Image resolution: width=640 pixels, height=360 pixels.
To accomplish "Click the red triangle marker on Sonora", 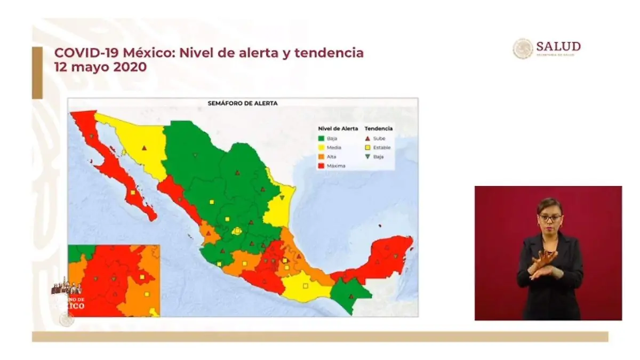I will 144,148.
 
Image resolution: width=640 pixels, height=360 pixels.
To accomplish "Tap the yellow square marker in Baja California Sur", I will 132,192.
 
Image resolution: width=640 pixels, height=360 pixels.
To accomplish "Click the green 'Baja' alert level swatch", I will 322,139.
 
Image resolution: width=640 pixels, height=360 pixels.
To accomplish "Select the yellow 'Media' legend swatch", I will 322,148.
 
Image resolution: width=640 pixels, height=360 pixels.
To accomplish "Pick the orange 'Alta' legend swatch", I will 322,157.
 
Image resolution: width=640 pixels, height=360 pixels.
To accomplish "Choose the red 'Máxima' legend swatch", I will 322,166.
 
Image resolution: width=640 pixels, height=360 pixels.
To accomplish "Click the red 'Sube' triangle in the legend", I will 368,139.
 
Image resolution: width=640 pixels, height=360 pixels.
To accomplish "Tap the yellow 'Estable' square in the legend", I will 368,148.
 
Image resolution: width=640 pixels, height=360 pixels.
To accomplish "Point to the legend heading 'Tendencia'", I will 379,129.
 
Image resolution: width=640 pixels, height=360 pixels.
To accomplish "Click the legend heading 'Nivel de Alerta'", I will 338,129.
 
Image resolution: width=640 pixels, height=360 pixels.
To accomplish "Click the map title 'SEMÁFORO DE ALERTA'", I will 243,103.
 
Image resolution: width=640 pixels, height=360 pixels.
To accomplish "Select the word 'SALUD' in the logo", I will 558,46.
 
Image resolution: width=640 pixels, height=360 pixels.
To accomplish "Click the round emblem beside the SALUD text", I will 523,49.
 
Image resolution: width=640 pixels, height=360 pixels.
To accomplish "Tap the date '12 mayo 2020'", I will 100,68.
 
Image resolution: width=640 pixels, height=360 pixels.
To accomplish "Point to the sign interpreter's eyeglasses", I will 550,218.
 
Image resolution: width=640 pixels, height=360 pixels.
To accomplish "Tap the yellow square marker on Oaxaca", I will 305,286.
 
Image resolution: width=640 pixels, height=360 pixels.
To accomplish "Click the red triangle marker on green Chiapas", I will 350,296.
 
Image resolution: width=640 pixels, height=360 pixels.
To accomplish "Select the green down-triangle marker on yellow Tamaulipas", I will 282,198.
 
